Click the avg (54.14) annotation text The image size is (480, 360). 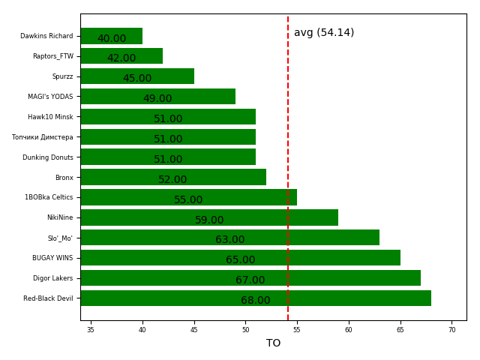tap(324, 33)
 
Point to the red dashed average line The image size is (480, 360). tap(288, 90)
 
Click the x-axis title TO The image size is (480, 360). tap(273, 343)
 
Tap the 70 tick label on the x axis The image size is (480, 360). tap(451, 330)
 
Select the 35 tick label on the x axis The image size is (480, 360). tap(91, 330)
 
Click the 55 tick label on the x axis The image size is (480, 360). tap(297, 330)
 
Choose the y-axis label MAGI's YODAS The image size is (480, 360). tap(50, 97)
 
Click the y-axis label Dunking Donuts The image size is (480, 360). tap(47, 157)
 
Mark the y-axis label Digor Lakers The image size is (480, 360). tap(52, 278)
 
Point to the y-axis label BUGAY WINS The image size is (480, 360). tap(52, 258)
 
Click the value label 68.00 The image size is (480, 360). tap(255, 301)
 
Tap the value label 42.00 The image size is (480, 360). tap(121, 58)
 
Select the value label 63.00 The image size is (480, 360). tap(229, 240)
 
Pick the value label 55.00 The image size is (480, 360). tap(188, 200)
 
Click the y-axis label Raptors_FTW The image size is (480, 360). tap(52, 56)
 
